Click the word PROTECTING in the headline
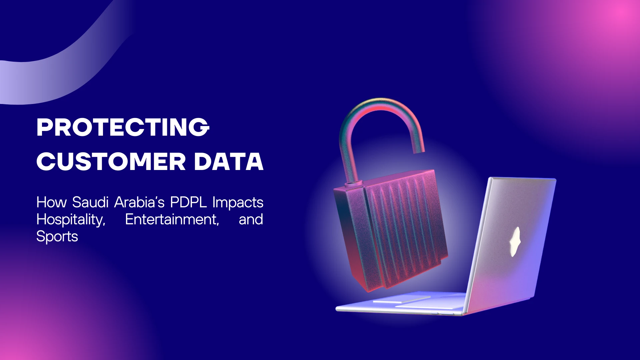(x=123, y=127)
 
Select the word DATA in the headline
(x=229, y=162)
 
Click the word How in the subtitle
(x=51, y=202)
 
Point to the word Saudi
(x=90, y=202)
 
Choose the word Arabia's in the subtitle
(x=139, y=202)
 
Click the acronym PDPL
(x=188, y=202)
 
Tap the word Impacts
(x=238, y=202)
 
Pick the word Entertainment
(x=172, y=219)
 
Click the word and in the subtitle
(x=251, y=219)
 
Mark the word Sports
(x=57, y=237)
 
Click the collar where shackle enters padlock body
(x=353, y=184)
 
